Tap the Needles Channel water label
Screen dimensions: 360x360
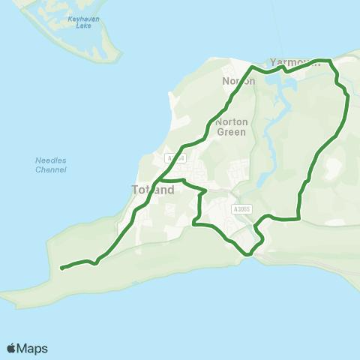click(x=51, y=165)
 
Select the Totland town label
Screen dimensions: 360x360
click(x=153, y=190)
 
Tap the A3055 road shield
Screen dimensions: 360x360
click(x=241, y=209)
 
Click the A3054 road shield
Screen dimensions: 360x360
click(x=175, y=158)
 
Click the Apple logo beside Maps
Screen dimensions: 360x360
click(x=11, y=348)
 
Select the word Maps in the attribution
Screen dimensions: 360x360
click(x=32, y=348)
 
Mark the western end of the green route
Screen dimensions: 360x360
click(x=61, y=268)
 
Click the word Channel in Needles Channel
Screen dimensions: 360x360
click(x=51, y=170)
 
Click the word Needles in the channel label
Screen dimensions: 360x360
click(x=51, y=160)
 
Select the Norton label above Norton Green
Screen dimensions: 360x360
click(x=239, y=81)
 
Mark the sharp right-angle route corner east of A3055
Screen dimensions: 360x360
click(x=299, y=219)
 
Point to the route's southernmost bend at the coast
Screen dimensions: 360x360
click(x=247, y=254)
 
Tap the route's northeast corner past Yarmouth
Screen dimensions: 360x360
click(x=330, y=60)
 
